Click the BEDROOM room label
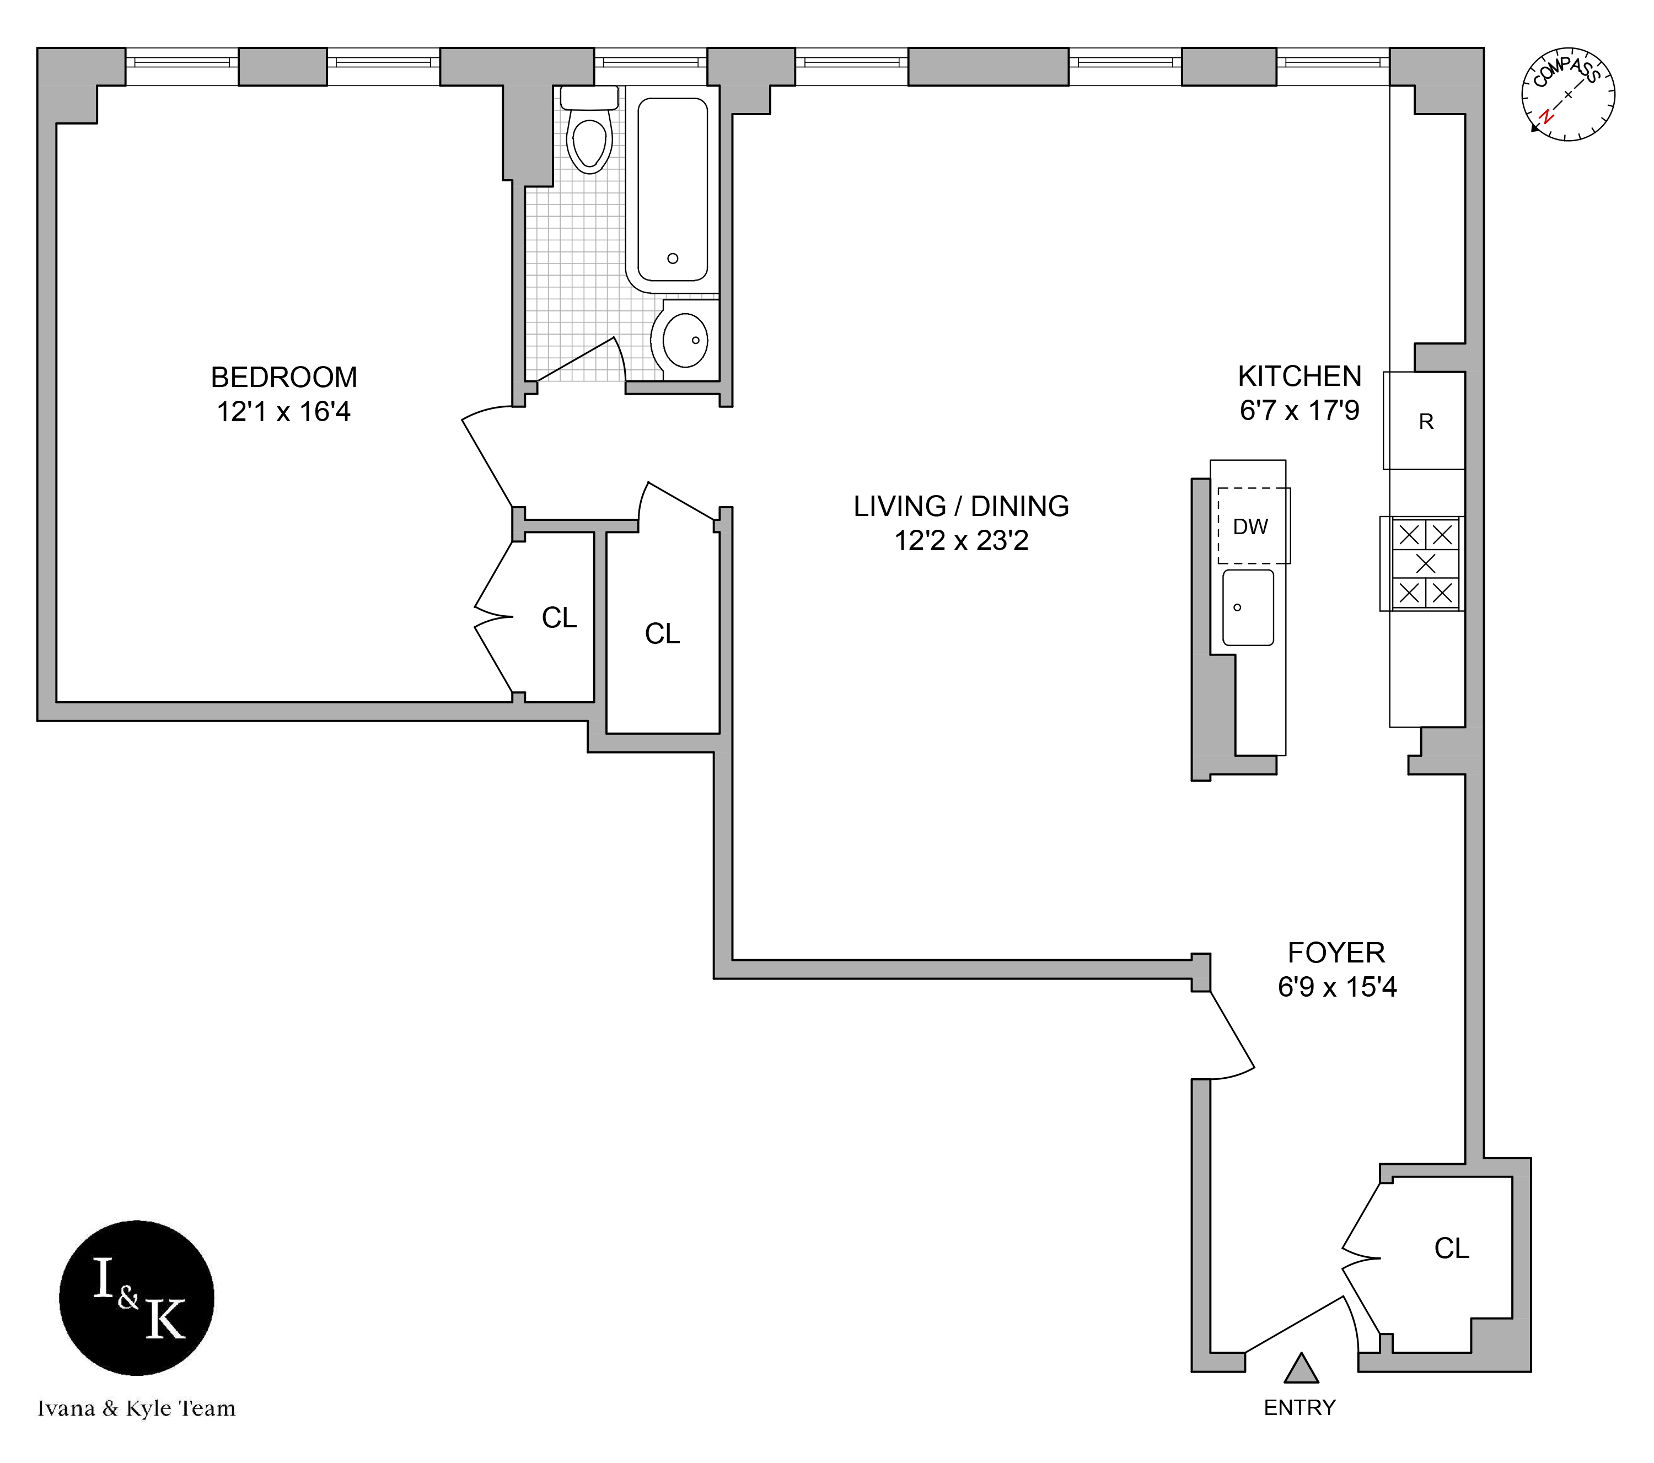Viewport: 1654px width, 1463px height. click(x=283, y=377)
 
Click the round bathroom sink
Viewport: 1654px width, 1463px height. click(x=685, y=340)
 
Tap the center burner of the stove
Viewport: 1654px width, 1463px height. click(x=1426, y=563)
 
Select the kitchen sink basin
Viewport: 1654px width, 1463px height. click(x=1248, y=607)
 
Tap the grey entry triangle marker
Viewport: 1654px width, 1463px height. click(x=1301, y=1369)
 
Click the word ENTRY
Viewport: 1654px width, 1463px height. click(x=1299, y=1408)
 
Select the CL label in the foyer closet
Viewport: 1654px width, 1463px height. click(x=1451, y=1249)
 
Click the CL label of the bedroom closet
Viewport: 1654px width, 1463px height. click(x=559, y=618)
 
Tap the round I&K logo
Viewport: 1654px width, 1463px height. click(x=137, y=1299)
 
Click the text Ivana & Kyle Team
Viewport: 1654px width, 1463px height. click(x=137, y=1409)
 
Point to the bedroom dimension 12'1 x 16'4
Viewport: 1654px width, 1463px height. click(x=283, y=412)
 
